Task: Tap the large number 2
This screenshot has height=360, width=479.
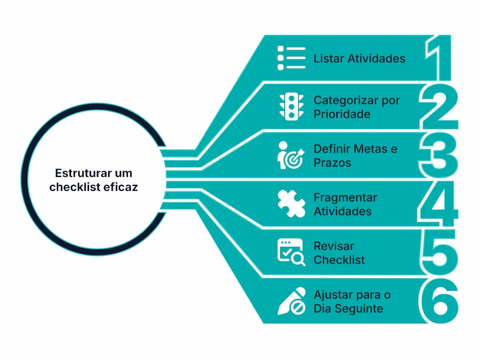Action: [438, 107]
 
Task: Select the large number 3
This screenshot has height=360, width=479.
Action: [438, 155]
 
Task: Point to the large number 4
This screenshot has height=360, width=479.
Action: [437, 204]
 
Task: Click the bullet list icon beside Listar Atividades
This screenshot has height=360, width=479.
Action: [291, 59]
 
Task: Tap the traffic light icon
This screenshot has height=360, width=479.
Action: [291, 106]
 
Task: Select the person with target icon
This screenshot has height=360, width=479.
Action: [291, 156]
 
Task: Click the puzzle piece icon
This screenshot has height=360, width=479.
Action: [291, 204]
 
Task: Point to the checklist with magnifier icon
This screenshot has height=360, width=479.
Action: [291, 252]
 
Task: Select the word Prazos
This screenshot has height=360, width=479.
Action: [332, 163]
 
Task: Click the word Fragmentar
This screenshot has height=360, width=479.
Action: [345, 198]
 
